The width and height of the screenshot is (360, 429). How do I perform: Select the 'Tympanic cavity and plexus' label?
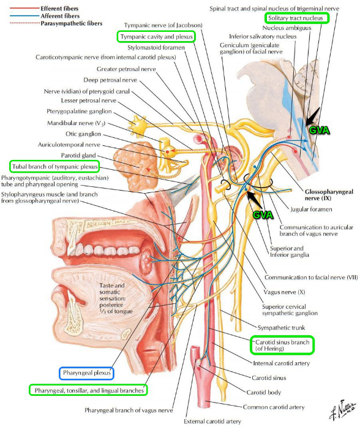coord(156,37)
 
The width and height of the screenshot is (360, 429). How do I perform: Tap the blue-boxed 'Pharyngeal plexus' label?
coord(86,373)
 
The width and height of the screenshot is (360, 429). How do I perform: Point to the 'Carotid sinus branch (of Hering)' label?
coord(282,345)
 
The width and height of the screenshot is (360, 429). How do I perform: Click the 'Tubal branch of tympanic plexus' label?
coord(54,167)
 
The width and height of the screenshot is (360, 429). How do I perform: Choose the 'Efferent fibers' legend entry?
coord(59,9)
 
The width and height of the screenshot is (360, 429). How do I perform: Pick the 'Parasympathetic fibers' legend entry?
coord(72,23)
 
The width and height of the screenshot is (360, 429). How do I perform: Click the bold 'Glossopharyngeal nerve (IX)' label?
coord(329,195)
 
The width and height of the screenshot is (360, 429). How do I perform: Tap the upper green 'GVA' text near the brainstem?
coord(319,130)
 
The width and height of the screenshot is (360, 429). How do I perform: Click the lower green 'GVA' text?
coord(263,214)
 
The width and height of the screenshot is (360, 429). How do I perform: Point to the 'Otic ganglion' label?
coord(83,134)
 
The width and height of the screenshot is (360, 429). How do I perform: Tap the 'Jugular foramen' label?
coord(311,210)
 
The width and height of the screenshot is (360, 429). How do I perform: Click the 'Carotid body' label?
coord(263,392)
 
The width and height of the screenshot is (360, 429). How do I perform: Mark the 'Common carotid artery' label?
coord(274,407)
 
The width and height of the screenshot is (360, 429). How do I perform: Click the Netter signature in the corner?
coord(342,409)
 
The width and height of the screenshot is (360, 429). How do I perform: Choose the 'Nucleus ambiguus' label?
coord(287,28)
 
